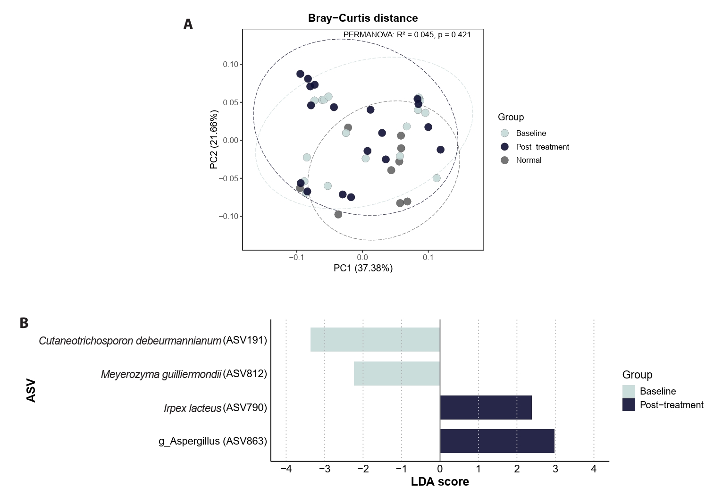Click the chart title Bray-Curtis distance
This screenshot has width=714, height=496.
pos(362,18)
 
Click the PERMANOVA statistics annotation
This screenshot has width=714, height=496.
pos(407,34)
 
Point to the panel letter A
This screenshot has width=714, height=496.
pos(188,25)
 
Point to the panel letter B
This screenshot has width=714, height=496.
pos(24,323)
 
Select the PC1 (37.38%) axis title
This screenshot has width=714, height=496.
pos(363,269)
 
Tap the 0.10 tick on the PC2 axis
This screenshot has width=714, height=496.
pos(231,64)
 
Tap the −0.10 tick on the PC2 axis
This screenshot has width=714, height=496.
pos(228,216)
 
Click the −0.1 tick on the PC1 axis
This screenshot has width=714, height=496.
pos(296,258)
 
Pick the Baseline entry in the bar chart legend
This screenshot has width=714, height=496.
pos(657,391)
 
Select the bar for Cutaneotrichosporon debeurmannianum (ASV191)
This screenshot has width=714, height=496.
pos(375,340)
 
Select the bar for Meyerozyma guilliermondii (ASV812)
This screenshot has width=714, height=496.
pos(397,373)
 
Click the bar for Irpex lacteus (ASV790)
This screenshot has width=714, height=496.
pos(486,407)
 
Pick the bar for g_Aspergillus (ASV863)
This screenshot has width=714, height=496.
pos(497,441)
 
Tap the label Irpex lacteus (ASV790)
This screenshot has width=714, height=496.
pos(215,408)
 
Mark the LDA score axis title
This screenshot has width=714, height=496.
pos(440,482)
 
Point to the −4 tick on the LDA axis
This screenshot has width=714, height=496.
pos(286,469)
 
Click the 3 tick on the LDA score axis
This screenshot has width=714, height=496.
pos(555,469)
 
